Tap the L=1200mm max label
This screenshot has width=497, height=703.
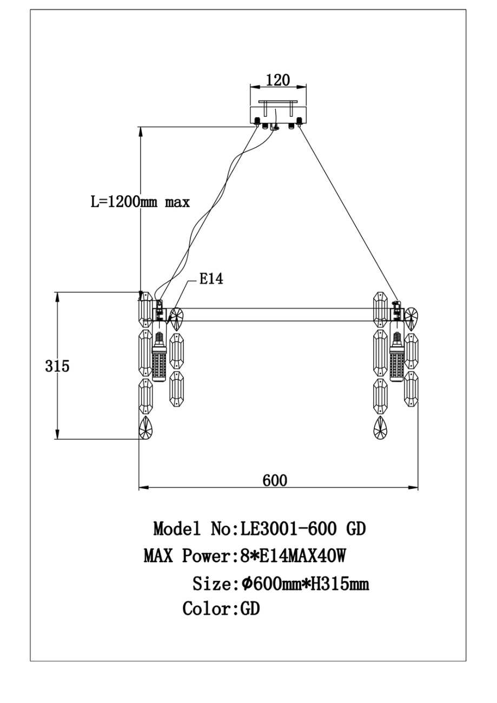coord(140,202)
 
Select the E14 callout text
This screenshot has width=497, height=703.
coord(211,279)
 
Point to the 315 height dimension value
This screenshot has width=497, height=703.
coord(57,366)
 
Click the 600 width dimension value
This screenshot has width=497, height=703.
coord(275,480)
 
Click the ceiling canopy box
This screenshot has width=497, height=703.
coord(278,115)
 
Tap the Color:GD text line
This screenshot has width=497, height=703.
coord(221,609)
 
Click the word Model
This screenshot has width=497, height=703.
coord(177,528)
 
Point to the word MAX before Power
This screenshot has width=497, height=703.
coord(158,555)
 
